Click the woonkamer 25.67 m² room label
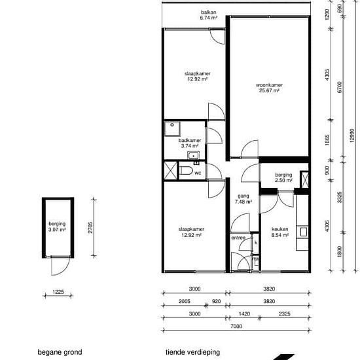(269, 88)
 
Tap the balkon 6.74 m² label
(208, 15)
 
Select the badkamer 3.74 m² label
(190, 143)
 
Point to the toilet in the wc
(186, 171)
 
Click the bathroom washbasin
(193, 156)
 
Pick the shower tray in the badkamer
(172, 129)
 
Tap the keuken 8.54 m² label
(280, 232)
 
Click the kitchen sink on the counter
(303, 232)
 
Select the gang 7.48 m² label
(243, 199)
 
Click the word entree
(238, 238)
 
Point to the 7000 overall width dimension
(236, 326)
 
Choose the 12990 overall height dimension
(352, 135)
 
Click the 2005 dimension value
(185, 301)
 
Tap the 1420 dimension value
(244, 314)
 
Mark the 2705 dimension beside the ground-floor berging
(90, 227)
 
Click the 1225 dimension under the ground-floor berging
(58, 292)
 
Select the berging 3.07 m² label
(57, 226)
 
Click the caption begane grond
(60, 352)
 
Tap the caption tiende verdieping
(192, 352)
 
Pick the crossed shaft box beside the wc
(171, 170)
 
